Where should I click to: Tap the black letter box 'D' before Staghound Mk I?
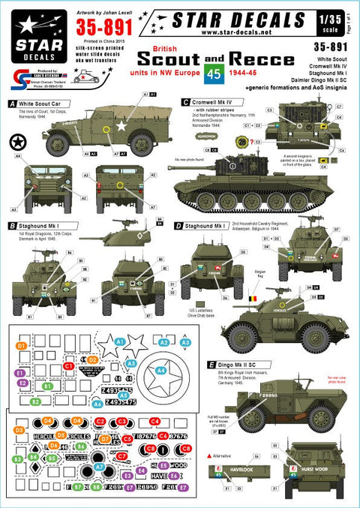178,224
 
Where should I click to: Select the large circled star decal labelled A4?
159,368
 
